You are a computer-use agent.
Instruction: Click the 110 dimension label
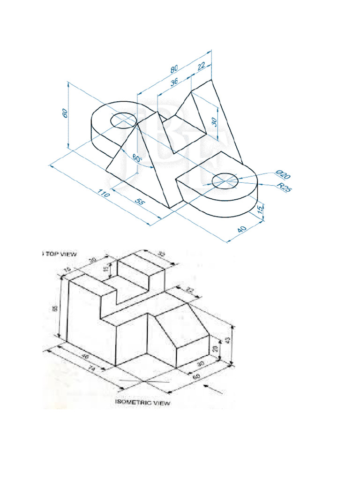pos(104,194)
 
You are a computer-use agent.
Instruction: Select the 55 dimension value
pos(139,202)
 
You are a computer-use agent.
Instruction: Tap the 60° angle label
pos(137,158)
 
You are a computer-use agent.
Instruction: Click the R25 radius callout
pos(284,188)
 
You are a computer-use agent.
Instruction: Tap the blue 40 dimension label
pos(242,230)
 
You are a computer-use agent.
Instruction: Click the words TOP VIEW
pos(61,254)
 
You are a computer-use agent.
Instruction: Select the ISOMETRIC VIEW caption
pos(143,402)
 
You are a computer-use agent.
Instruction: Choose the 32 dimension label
pos(162,255)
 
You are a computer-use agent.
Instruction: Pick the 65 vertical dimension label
pos(55,308)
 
